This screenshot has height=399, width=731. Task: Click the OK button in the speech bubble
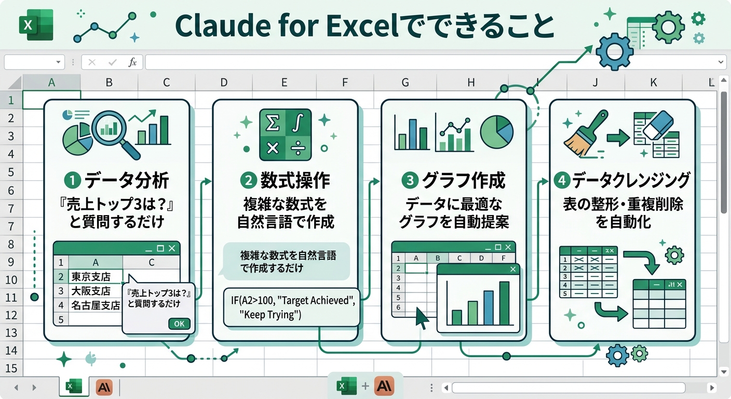pyautogui.click(x=179, y=324)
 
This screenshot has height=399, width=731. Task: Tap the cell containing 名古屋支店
pyautogui.click(x=96, y=305)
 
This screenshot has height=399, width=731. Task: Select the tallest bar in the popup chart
pyautogui.click(x=504, y=303)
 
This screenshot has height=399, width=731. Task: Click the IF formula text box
pyautogui.click(x=292, y=307)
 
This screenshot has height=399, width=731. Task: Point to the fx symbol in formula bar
pyautogui.click(x=132, y=62)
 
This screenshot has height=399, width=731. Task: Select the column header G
pyautogui.click(x=405, y=82)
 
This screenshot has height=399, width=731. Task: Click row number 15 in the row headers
pyautogui.click(x=11, y=368)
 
